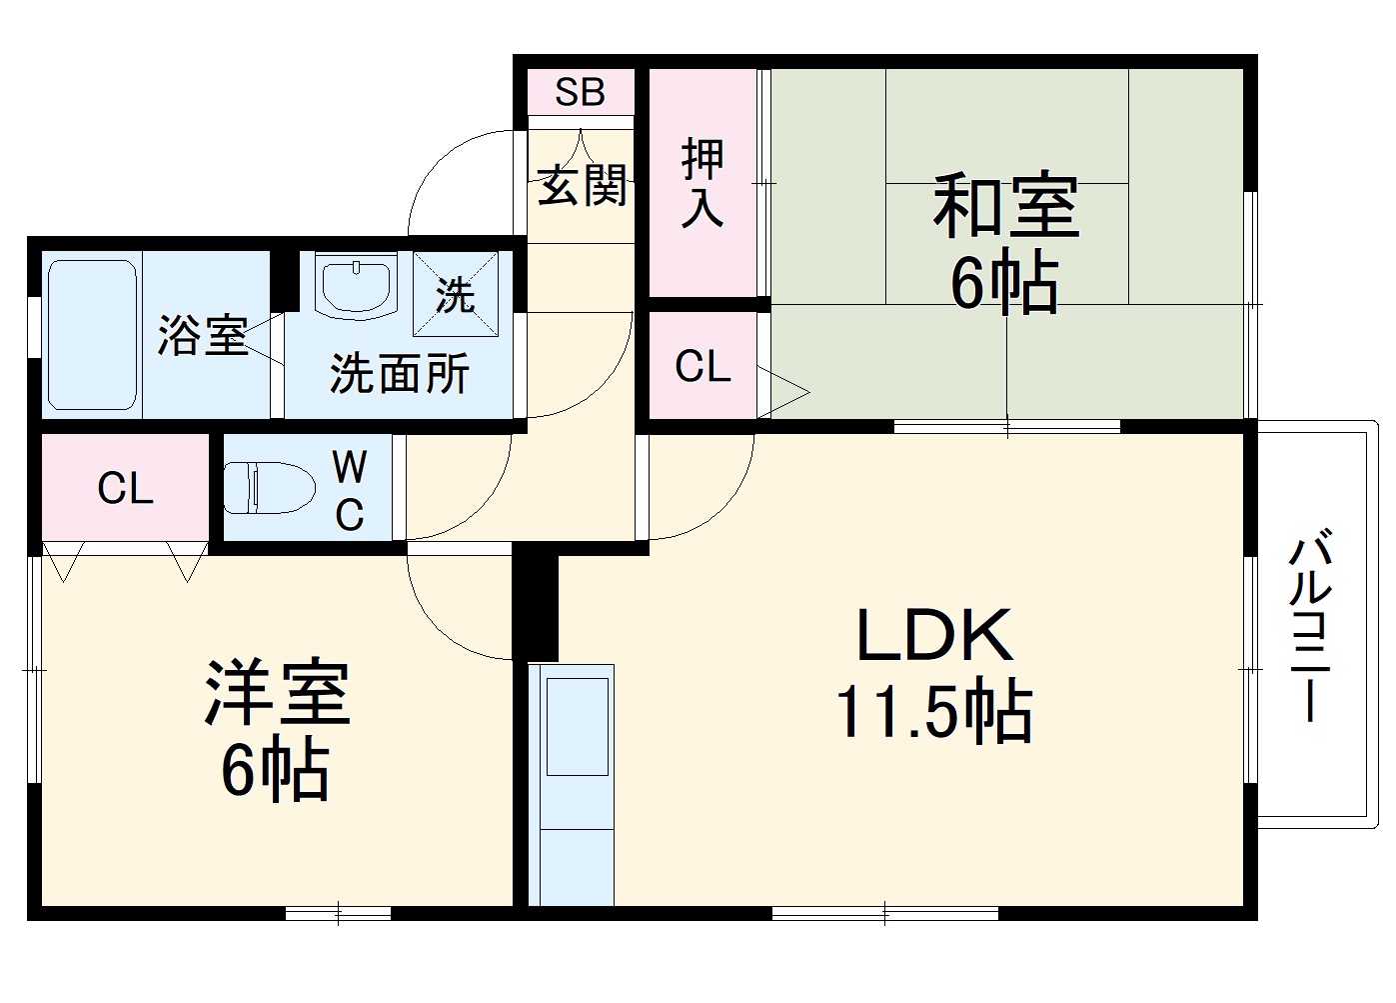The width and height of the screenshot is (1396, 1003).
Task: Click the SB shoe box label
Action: coord(581,92)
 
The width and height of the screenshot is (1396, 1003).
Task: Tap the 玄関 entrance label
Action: coord(582,185)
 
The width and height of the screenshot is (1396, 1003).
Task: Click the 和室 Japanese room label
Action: coord(1005,206)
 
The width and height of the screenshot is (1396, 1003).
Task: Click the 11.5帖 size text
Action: coord(933,712)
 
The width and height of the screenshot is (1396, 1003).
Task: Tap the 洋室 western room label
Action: coord(277,692)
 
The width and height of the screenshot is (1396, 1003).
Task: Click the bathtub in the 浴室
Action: coord(92,335)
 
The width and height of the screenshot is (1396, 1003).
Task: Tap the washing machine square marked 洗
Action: coord(456,294)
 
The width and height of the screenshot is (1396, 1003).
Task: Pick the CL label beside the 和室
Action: coord(702,367)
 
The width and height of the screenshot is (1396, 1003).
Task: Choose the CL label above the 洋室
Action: coord(125,489)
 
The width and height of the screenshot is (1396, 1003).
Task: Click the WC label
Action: coord(349,490)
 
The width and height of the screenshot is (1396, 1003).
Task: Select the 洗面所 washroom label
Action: coord(399,374)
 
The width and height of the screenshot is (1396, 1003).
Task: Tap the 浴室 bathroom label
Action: coord(202,336)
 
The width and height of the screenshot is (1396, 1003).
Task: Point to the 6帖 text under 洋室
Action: coord(275,769)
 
